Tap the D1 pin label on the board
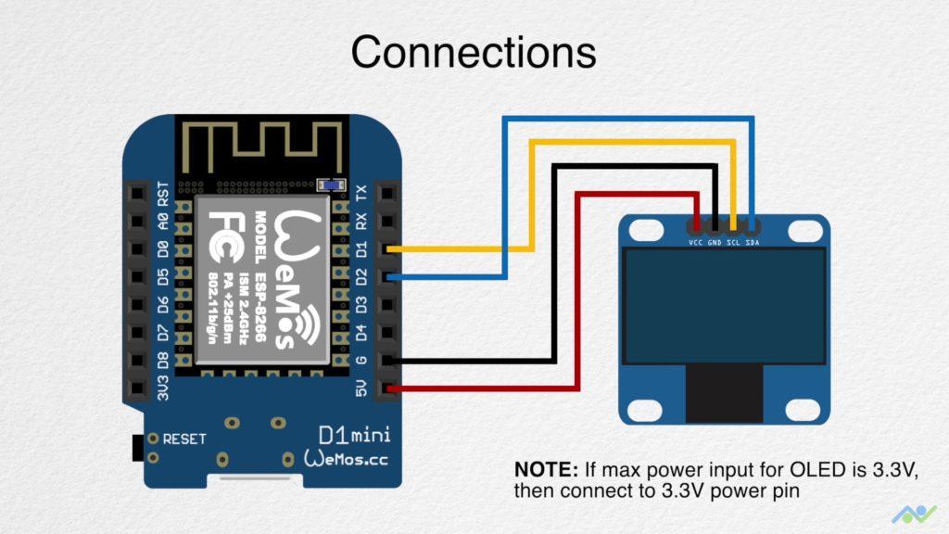[362, 248]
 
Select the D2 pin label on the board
[362, 276]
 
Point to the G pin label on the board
[362, 360]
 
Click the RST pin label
[164, 194]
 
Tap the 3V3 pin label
[164, 387]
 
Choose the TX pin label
[362, 193]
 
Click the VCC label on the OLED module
[695, 243]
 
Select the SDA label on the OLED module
[753, 243]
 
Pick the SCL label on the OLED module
[733, 243]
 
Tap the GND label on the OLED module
[715, 243]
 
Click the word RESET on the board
[184, 439]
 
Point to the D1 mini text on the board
[354, 434]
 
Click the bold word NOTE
[545, 469]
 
